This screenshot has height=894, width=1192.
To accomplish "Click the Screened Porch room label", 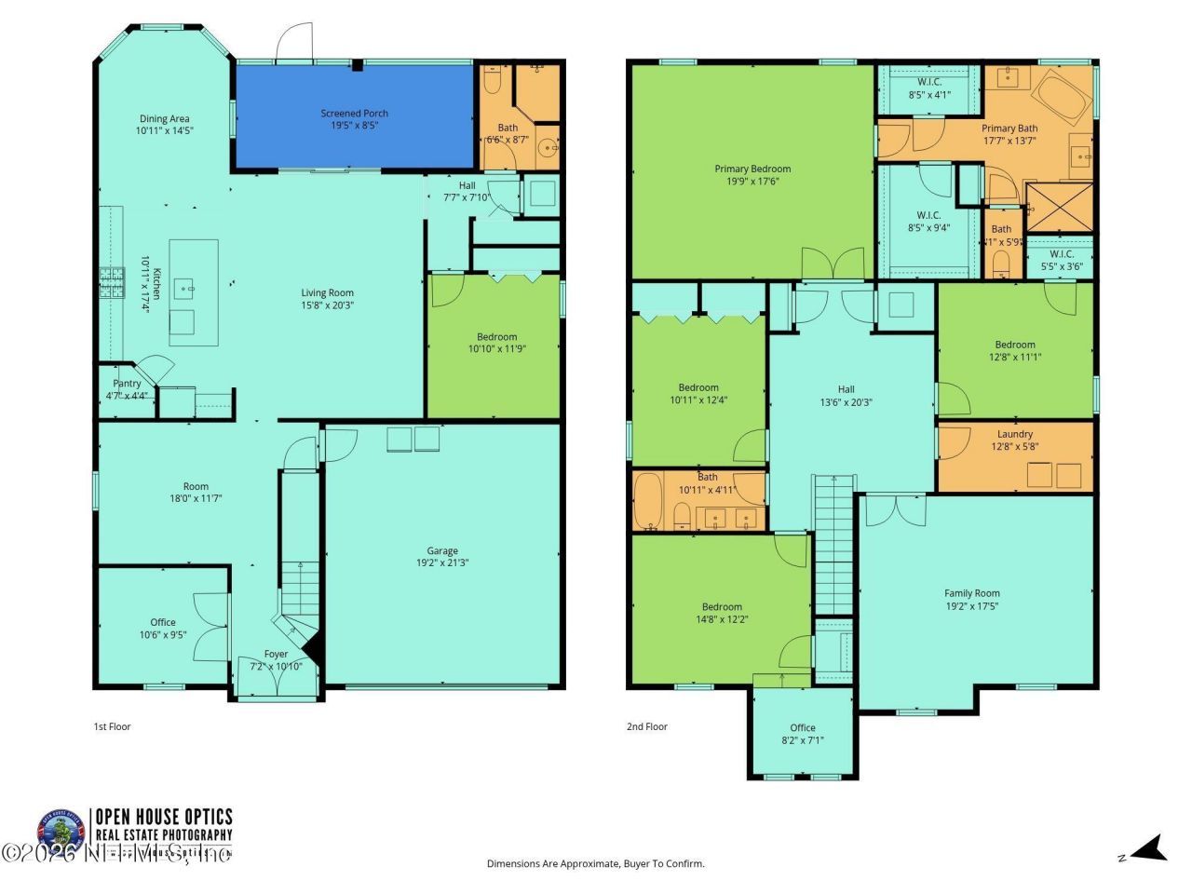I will click(x=354, y=114).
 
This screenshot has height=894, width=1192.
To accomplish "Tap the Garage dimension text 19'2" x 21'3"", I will click(x=442, y=562).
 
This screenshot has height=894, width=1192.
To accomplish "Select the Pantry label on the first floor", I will click(x=127, y=384).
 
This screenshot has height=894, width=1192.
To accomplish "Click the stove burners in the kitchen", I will click(x=112, y=282).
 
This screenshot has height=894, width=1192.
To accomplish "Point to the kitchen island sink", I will click(x=191, y=289).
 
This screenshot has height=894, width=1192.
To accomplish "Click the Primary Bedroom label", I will click(x=752, y=169).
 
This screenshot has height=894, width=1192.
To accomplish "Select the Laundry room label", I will click(x=1014, y=434).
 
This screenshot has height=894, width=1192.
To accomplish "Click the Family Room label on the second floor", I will click(x=971, y=593).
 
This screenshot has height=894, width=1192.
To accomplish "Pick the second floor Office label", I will click(x=802, y=728).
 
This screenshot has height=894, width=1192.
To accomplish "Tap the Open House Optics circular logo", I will click(x=60, y=829).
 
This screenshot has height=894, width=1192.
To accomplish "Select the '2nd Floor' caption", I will click(x=646, y=726).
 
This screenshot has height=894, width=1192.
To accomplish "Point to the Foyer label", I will click(x=276, y=654).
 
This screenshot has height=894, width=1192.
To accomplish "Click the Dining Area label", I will click(x=165, y=118).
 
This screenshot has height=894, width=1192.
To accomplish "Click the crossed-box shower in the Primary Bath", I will click(x=1059, y=207).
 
